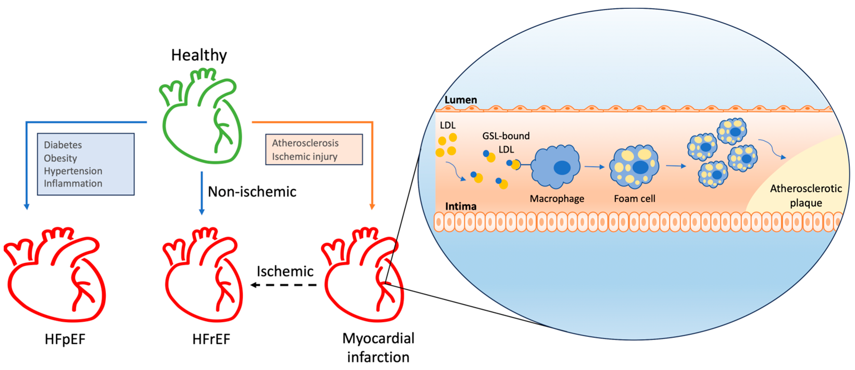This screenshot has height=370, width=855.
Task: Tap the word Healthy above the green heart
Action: [x=199, y=55]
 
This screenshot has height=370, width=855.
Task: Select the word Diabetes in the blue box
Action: [x=63, y=145]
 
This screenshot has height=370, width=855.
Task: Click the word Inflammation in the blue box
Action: [x=73, y=183]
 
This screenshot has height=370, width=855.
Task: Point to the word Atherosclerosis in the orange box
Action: [x=305, y=143]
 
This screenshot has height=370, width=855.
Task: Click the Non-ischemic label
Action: [x=252, y=192]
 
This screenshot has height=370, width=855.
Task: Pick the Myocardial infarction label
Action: [x=378, y=347]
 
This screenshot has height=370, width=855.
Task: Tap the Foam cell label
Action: [x=634, y=199]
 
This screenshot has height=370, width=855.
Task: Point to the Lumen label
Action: [x=460, y=100]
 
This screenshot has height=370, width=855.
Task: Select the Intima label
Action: [x=460, y=206]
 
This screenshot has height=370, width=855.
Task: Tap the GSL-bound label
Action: [x=505, y=136]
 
